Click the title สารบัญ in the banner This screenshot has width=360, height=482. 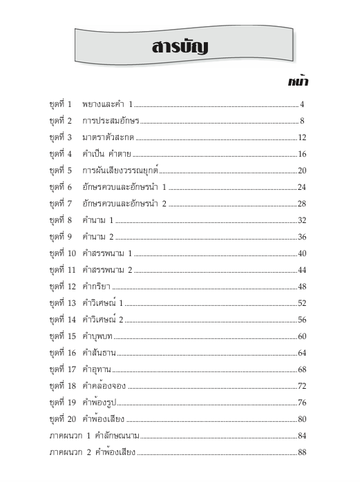(180, 48)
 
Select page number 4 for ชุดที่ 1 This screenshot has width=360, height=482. (303, 105)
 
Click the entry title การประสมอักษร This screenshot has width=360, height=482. (111, 122)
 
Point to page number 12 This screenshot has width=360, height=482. (302, 137)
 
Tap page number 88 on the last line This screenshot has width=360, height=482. (302, 452)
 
